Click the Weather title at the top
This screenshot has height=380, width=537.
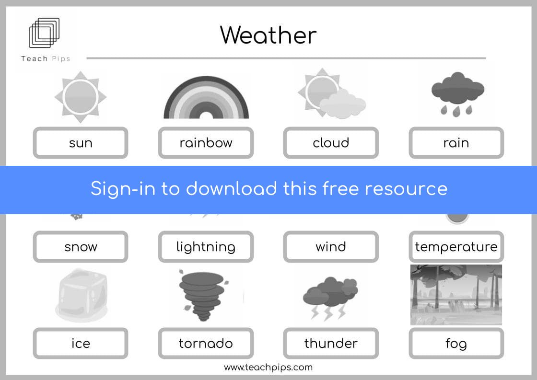tap(268, 35)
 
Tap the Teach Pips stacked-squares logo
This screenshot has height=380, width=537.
tap(44, 33)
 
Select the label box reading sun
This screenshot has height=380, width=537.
tap(81, 143)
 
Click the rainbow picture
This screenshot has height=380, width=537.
tap(206, 98)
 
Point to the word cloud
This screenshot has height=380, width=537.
tap(331, 143)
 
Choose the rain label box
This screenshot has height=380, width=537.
tap(456, 143)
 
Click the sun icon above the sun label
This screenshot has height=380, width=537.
tap(81, 97)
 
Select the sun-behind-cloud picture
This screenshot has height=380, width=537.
tap(331, 93)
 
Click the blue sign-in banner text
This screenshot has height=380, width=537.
tap(269, 189)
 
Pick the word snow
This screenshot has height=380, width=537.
tap(81, 247)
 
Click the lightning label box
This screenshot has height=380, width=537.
tap(206, 247)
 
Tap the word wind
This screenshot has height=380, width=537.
tap(331, 246)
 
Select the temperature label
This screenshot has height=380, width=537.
tap(456, 247)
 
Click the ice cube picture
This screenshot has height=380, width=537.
tap(82, 296)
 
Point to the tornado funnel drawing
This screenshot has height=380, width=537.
tap(203, 296)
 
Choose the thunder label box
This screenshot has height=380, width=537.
tap(331, 344)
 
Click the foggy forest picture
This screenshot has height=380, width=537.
tap(456, 295)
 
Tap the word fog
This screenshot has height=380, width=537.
tap(456, 344)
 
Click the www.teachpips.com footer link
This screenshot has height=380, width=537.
tap(268, 368)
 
